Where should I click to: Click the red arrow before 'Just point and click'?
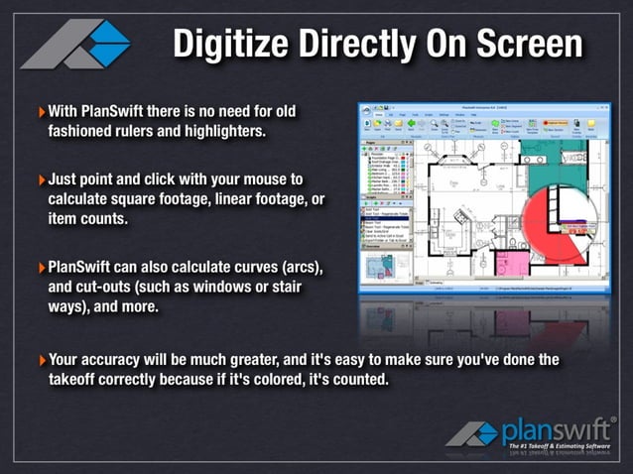click(41, 180)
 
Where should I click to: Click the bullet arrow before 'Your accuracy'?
click(41, 358)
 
